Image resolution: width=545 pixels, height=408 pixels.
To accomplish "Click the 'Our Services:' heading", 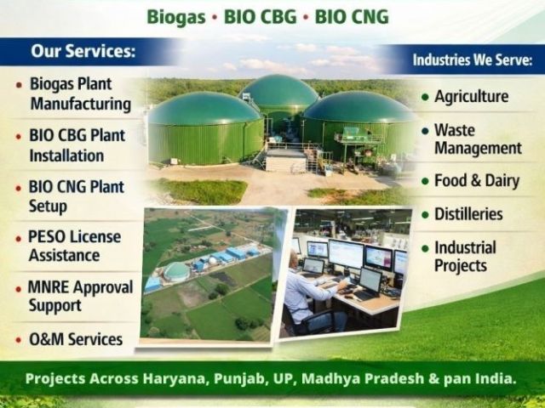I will pos(83,51).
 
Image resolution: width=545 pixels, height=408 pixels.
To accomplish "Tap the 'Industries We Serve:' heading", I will pos(473,60).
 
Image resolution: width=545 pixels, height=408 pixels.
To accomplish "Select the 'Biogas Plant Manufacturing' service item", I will pos(81,94).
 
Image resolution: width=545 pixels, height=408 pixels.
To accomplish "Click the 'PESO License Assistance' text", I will pos(75,246).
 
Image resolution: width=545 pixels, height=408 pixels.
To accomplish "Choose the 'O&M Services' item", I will pos(76,340).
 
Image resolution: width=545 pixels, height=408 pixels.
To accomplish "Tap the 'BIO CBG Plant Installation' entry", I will pos(77,145).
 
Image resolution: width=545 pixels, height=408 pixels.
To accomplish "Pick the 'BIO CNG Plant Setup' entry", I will pos(76,195).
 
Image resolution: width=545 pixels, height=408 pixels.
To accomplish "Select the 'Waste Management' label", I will pos(477,139).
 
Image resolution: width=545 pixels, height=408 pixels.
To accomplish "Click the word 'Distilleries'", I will pos(468,214).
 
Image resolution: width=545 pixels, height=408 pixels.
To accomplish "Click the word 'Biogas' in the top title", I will pos(176,16).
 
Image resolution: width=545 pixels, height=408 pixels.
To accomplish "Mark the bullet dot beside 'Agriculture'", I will pos(425,98).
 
